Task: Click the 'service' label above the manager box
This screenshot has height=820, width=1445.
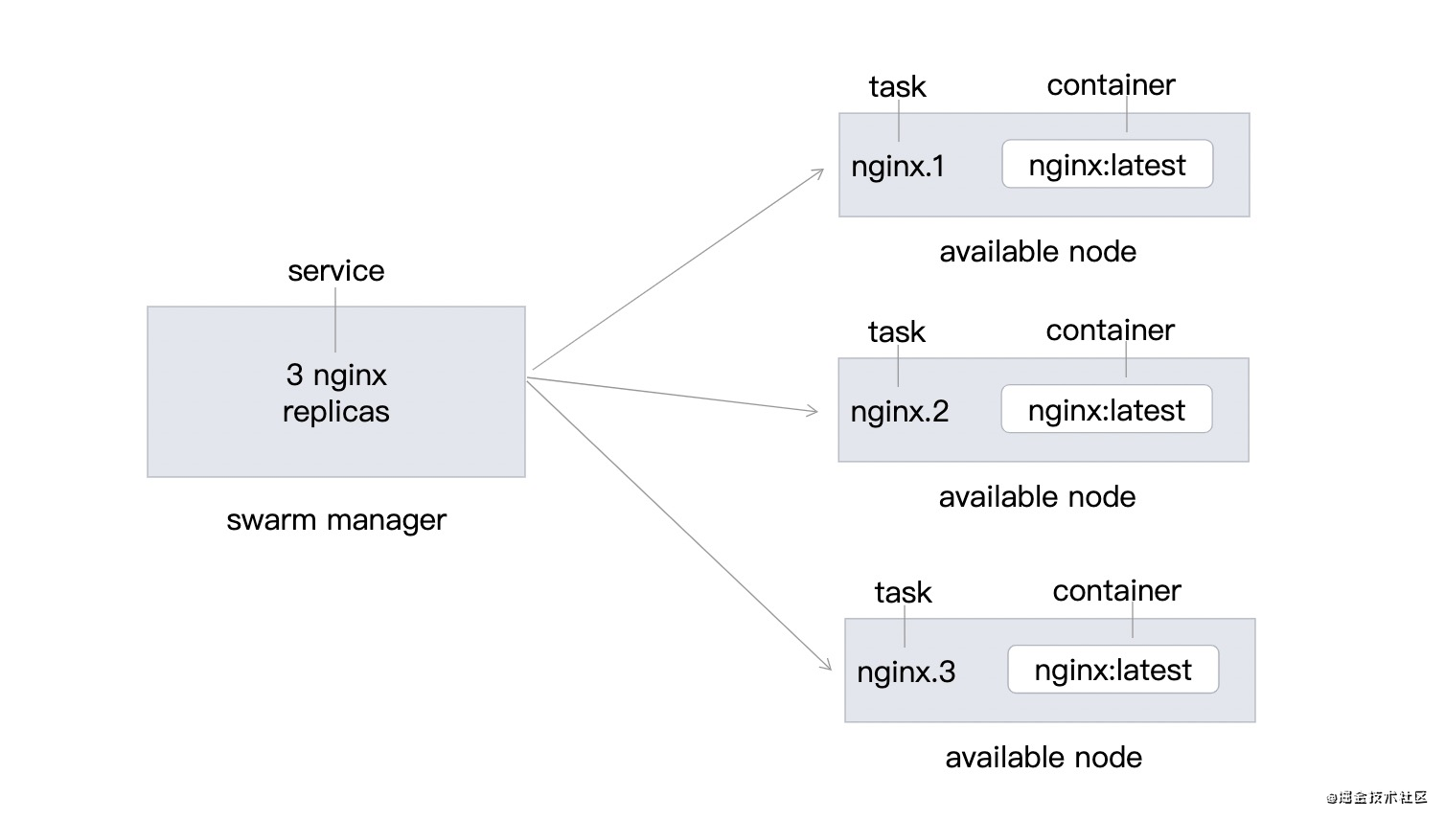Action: coord(335,271)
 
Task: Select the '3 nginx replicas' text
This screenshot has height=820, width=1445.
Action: coord(336,393)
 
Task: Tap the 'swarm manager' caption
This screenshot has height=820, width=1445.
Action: coord(336,520)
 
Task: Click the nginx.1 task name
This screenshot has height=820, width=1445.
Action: coord(898,167)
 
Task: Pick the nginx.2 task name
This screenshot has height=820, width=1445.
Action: coord(899,412)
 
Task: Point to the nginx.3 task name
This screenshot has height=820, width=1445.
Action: coord(906,672)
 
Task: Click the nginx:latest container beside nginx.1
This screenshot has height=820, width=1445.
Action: coord(1107,165)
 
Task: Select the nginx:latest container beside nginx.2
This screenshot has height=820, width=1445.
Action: coord(1106,410)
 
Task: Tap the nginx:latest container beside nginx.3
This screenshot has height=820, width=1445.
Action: coord(1112,671)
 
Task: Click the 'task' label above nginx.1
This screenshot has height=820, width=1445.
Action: coord(897,87)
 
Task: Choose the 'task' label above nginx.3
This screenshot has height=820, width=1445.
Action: coord(903,593)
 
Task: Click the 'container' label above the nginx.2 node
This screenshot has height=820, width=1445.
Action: coord(1110,330)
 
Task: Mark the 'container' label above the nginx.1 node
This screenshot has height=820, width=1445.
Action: coord(1111,85)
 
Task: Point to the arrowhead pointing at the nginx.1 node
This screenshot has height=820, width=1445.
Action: coord(819,172)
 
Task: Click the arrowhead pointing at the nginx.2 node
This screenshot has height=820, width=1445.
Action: coord(814,411)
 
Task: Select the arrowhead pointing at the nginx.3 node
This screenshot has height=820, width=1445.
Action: coord(826,664)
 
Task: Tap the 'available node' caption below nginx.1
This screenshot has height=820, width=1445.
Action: coord(1038,252)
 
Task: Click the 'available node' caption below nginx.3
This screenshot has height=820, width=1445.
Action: coord(1044,758)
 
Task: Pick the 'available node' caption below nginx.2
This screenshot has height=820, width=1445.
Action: coord(1037,497)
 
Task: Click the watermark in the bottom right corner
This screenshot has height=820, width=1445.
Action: coord(1377,797)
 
